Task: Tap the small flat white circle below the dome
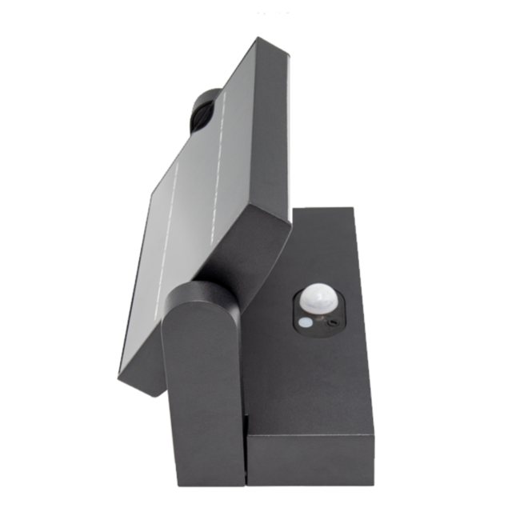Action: coord(306,324)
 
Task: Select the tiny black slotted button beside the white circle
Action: coord(331,323)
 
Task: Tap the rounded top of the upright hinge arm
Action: coord(200,292)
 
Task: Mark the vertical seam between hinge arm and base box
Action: coord(245,448)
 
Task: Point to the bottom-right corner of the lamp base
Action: coord(373,483)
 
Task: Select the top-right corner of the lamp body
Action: coord(353,210)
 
